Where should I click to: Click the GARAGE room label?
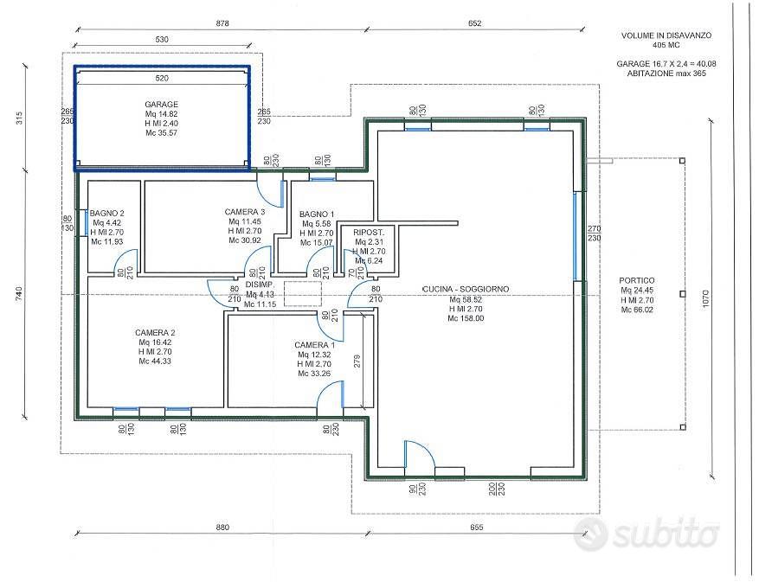tap(161, 104)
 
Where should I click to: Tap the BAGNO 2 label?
tap(107, 213)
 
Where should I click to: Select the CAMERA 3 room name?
tap(244, 212)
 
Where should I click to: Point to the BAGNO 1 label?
tap(317, 214)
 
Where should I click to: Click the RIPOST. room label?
tap(369, 233)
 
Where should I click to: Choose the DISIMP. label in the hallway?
tap(260, 285)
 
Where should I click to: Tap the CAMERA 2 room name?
tap(155, 333)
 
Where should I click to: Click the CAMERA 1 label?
tap(314, 345)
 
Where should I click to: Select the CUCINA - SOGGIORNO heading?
tap(465, 290)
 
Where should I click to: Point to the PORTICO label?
tap(636, 280)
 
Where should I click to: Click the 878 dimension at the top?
tap(222, 23)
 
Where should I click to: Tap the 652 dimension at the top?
tap(475, 23)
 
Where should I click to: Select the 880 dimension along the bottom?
tap(222, 528)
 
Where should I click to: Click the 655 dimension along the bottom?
tap(476, 528)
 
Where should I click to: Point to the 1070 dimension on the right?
tap(705, 299)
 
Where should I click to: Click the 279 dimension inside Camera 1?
tap(357, 361)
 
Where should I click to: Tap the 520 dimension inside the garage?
tap(162, 78)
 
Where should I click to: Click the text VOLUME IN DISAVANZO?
tap(666, 35)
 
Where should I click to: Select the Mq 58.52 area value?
tap(465, 299)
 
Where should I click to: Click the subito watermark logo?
tap(646, 534)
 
